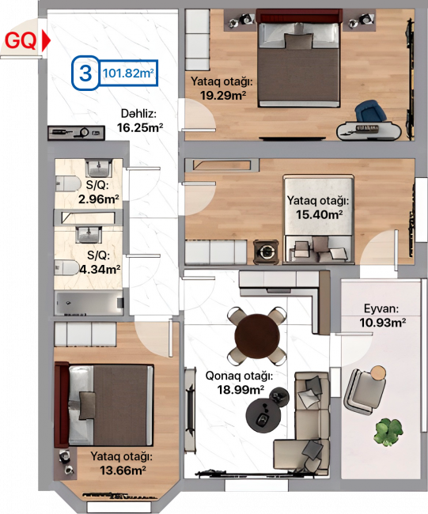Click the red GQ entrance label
[21, 41]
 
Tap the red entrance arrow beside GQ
[46, 41]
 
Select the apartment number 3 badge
[85, 73]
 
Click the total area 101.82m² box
[128, 73]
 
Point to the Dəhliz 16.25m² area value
[140, 127]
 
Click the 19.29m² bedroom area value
[223, 96]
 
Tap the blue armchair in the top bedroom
[370, 111]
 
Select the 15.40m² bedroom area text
[319, 215]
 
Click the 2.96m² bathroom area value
[98, 199]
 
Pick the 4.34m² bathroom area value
[100, 270]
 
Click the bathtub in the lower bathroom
[89, 303]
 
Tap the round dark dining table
[257, 336]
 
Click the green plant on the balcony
[388, 432]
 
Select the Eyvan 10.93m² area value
[382, 323]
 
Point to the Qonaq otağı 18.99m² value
[241, 390]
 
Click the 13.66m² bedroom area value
[123, 471]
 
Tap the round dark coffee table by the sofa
[263, 416]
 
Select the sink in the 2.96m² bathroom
[98, 168]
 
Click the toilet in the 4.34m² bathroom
[67, 268]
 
